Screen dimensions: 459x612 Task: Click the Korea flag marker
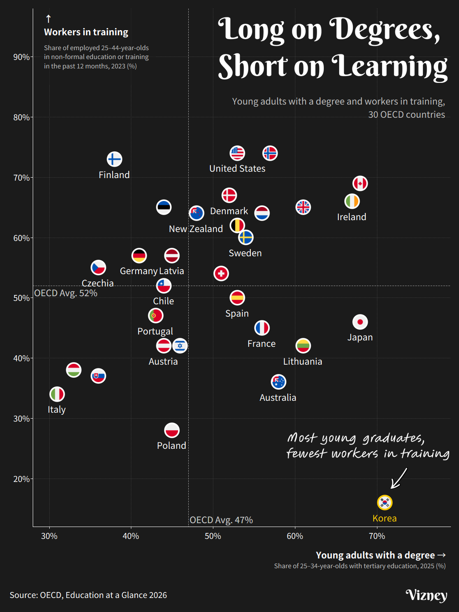tap(385, 502)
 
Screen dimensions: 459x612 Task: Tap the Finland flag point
tap(114, 159)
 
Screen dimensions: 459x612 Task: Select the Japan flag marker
tap(360, 322)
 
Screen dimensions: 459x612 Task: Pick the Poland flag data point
tap(172, 430)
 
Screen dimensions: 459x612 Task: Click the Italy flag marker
tap(57, 394)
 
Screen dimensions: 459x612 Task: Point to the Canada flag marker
tap(360, 184)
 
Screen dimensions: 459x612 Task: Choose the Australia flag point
tap(278, 382)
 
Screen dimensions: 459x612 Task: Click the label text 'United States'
tap(237, 168)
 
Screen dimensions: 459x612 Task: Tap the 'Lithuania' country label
tap(303, 361)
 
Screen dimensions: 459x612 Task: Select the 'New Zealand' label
tap(196, 229)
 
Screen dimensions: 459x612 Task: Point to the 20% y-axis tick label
tap(21, 479)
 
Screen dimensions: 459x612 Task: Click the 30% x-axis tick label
tap(49, 536)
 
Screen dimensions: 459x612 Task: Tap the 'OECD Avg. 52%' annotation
tap(66, 293)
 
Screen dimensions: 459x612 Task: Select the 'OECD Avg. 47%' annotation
tap(221, 520)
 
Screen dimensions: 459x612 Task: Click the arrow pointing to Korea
tap(399, 479)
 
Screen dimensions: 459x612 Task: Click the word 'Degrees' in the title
tap(385, 30)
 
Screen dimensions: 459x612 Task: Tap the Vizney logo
tap(427, 595)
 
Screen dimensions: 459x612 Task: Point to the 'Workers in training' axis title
tap(86, 32)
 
